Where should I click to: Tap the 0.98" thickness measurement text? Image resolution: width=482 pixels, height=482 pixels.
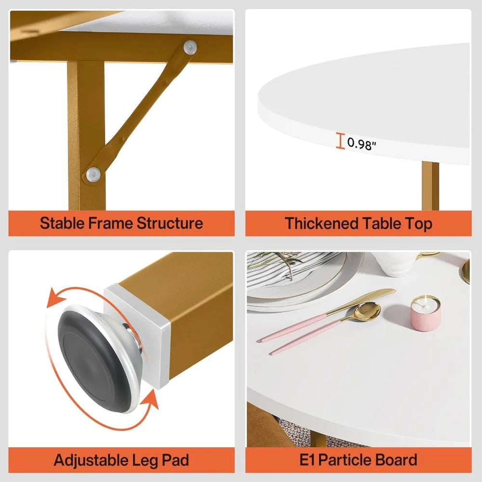360,144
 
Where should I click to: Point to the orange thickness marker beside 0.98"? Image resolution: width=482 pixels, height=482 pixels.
341,142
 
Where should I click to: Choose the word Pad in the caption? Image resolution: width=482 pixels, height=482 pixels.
175,460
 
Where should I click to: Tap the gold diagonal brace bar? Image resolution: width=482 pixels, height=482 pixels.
140,111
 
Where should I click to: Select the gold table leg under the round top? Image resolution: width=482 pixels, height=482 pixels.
430,186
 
